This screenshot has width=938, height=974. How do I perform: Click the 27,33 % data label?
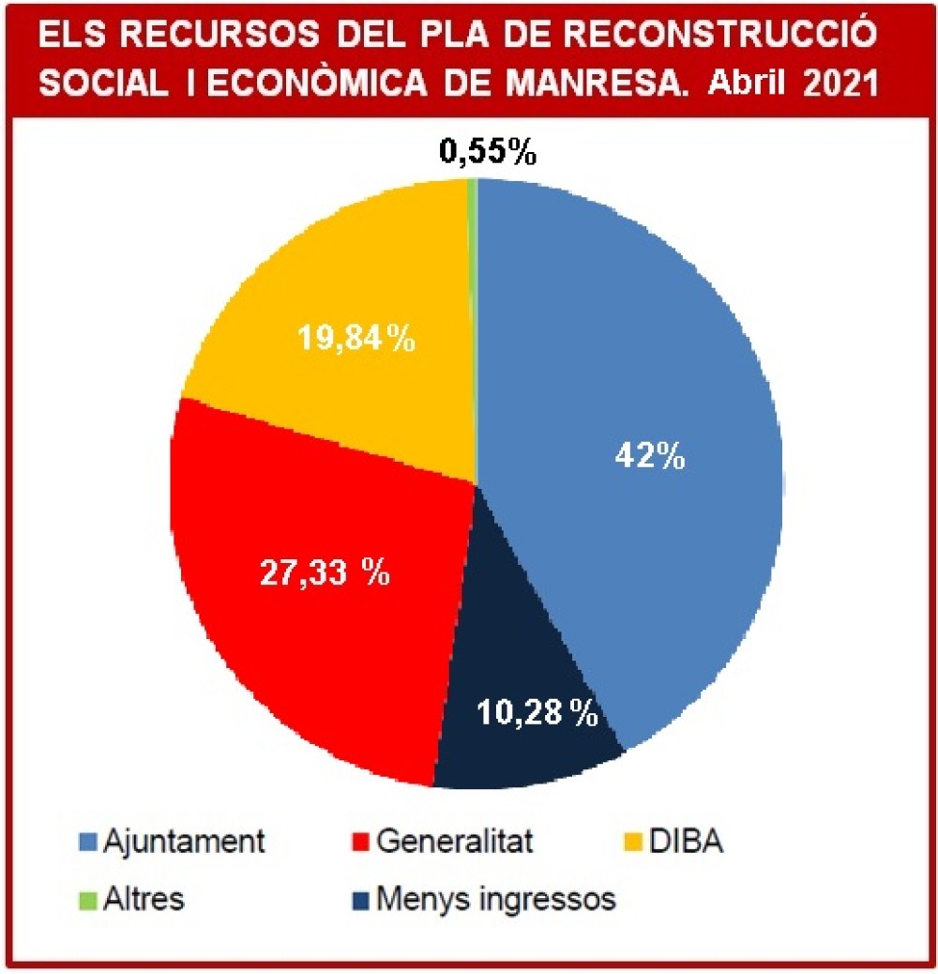click(324, 571)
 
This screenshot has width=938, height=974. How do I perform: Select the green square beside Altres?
click(88, 899)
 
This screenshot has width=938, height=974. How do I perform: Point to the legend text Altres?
click(144, 899)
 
